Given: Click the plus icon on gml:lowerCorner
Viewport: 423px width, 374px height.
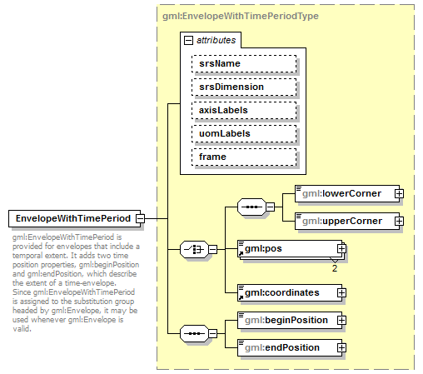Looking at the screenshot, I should click(399, 194).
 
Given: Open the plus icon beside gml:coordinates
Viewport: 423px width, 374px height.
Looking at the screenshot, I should click(341, 292).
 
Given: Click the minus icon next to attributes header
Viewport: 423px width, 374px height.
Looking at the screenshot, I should click(189, 40).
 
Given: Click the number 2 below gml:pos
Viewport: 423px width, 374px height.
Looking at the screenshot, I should click(335, 268).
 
